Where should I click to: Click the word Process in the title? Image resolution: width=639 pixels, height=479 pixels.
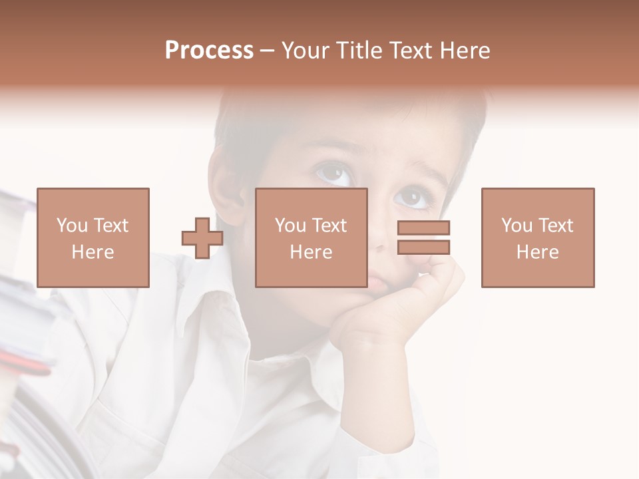point(209,51)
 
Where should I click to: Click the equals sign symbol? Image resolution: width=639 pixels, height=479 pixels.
point(423,238)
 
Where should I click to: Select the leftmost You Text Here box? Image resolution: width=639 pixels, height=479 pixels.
point(93,238)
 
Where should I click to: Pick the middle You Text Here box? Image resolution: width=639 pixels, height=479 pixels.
point(311,238)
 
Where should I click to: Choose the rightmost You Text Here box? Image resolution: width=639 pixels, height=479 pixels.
point(537,238)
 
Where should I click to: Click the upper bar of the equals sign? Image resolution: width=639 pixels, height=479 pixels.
point(423,228)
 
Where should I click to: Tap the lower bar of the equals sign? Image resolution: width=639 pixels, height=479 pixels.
point(423,247)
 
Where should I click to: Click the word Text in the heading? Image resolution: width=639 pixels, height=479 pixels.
point(408,51)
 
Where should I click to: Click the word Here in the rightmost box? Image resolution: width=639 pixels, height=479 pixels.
point(537,251)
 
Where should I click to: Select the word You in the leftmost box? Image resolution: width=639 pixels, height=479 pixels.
point(71,225)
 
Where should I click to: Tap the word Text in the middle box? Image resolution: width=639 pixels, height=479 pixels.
point(329,225)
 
